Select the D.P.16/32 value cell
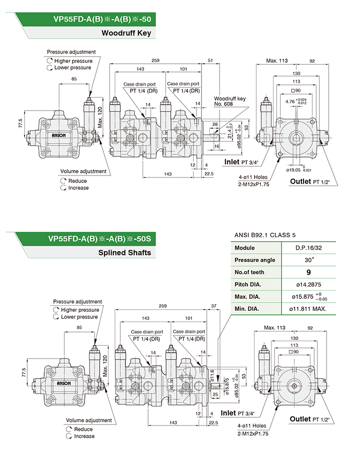point(309,248)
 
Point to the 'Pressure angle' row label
point(255,260)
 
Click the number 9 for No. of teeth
point(309,272)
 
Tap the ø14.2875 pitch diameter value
point(309,285)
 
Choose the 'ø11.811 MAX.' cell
point(309,309)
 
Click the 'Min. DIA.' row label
point(247,309)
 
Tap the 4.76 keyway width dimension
point(291,101)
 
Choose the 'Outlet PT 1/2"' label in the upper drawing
point(309,181)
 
